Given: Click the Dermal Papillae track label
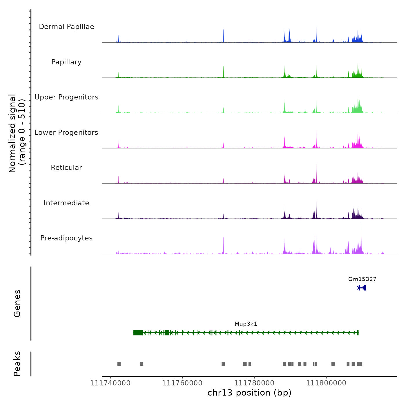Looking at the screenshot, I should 66,27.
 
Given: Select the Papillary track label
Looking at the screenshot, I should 66,62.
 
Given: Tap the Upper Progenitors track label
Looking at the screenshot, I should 66,97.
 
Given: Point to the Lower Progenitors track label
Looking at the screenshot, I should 66,133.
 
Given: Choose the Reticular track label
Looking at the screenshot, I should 66,168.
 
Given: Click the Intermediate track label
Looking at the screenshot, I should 66,203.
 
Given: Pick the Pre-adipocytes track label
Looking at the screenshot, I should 66,238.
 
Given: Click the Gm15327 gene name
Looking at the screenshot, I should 362,279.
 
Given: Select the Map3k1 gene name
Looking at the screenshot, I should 246,324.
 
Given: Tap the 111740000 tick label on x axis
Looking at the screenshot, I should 110,383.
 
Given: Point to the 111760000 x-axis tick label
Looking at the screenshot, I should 182,383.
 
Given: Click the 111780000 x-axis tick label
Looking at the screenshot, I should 254,383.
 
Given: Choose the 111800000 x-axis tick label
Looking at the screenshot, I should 326,383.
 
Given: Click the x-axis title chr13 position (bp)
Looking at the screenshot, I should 249,393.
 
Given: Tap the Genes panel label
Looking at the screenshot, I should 17,303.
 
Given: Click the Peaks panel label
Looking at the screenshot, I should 17,364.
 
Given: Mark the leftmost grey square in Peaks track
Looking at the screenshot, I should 119,364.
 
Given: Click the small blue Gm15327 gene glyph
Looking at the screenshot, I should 362,288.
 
